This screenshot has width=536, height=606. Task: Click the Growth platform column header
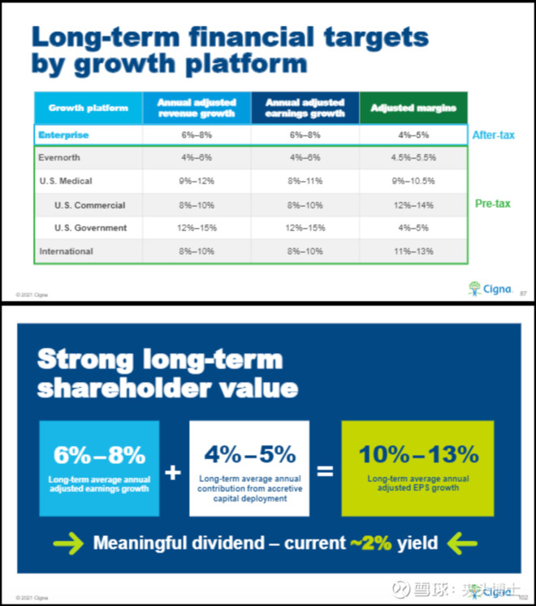(x=88, y=108)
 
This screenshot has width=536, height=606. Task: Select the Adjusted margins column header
(x=413, y=108)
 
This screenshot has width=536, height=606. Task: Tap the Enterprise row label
(x=63, y=135)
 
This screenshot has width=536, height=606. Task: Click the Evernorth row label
(x=59, y=158)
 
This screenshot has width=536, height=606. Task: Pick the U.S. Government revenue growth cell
(x=197, y=228)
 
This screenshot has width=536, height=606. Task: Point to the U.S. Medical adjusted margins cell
(x=413, y=181)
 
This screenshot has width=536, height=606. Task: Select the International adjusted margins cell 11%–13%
(x=413, y=251)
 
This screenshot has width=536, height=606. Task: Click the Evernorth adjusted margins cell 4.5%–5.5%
(x=413, y=158)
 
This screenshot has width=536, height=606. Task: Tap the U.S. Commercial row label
(x=89, y=205)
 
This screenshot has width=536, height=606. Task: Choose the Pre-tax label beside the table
(x=492, y=204)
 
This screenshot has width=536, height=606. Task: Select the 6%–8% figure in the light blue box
(x=99, y=454)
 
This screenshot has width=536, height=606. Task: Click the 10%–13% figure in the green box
(x=418, y=454)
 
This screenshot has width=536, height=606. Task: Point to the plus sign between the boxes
(x=173, y=471)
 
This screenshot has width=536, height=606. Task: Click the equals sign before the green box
(x=325, y=471)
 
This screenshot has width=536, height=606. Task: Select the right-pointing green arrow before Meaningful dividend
(x=64, y=542)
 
